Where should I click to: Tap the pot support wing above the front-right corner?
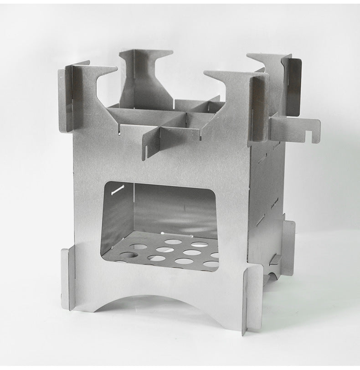(228, 82)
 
